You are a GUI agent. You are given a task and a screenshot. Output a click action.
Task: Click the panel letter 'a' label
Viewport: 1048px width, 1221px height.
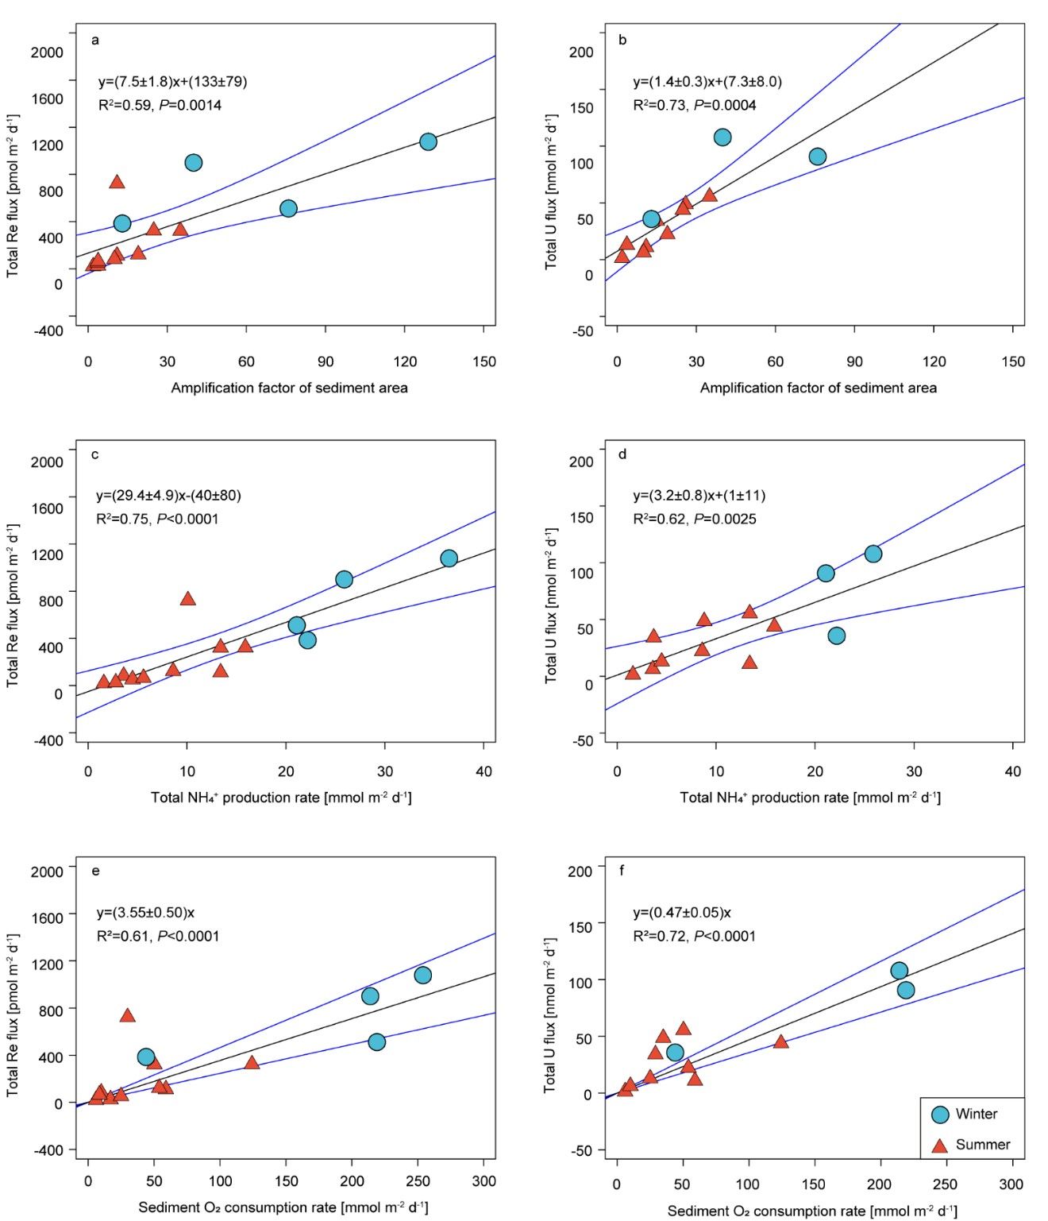[95, 40]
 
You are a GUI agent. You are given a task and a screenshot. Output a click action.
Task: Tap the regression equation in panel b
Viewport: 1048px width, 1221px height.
[707, 81]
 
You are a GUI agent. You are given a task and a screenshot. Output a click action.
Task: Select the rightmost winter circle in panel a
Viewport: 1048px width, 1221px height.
[428, 141]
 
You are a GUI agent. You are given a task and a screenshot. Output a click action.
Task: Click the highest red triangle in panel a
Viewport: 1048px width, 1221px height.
[117, 182]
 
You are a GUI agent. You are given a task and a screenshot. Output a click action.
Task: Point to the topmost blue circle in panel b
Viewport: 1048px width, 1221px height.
[722, 137]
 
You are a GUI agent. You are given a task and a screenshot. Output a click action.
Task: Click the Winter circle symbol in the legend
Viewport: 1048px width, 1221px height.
[940, 1115]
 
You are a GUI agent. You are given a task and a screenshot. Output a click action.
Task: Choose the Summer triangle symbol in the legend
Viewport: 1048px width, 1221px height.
[940, 1146]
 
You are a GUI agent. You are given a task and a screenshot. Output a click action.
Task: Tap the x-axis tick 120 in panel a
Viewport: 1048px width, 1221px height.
[405, 362]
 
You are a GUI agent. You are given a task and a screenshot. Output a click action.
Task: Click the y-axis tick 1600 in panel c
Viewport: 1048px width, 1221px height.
[47, 508]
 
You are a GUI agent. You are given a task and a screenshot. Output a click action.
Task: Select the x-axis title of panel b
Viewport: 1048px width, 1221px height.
[818, 388]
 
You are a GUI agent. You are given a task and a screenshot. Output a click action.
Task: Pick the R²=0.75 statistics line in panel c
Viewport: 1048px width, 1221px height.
[157, 519]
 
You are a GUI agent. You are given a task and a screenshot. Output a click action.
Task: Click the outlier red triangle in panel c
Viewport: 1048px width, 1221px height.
[187, 599]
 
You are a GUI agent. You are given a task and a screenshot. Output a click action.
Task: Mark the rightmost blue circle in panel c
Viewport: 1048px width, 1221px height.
[449, 558]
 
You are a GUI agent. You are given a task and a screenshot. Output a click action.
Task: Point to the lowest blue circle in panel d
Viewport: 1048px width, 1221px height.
[836, 636]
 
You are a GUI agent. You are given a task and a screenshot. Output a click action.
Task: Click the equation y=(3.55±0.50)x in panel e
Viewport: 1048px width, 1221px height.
[145, 912]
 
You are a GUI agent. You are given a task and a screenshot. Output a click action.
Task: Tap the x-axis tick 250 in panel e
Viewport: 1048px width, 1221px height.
[418, 1181]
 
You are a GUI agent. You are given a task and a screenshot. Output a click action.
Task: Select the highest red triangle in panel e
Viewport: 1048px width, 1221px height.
[127, 1015]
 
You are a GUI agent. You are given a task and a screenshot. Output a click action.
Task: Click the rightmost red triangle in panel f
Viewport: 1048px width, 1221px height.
[780, 1041]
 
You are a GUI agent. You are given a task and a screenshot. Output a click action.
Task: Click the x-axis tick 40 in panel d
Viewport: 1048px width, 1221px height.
[1013, 771]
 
